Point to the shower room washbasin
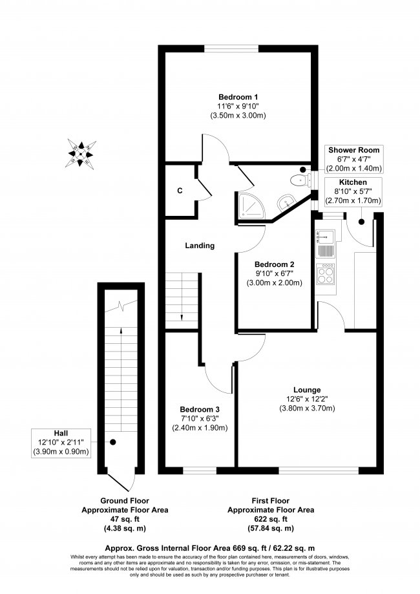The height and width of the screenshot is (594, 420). pos(285,202)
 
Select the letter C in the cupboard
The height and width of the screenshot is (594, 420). pos(180,191)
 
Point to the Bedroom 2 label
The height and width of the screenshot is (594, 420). pos(274,264)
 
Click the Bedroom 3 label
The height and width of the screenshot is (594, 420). pos(200,410)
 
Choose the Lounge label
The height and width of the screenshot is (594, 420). pos(307,389)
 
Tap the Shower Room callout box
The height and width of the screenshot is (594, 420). pos(353,158)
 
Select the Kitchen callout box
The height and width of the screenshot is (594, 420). pos(353,193)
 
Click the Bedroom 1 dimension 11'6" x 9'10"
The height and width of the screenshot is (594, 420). pos(238,105)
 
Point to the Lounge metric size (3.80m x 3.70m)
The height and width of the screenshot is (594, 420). pos(307,408)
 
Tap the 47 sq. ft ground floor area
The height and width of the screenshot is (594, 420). pos(134,519)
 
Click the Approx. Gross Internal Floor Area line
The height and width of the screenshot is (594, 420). pos(209,547)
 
